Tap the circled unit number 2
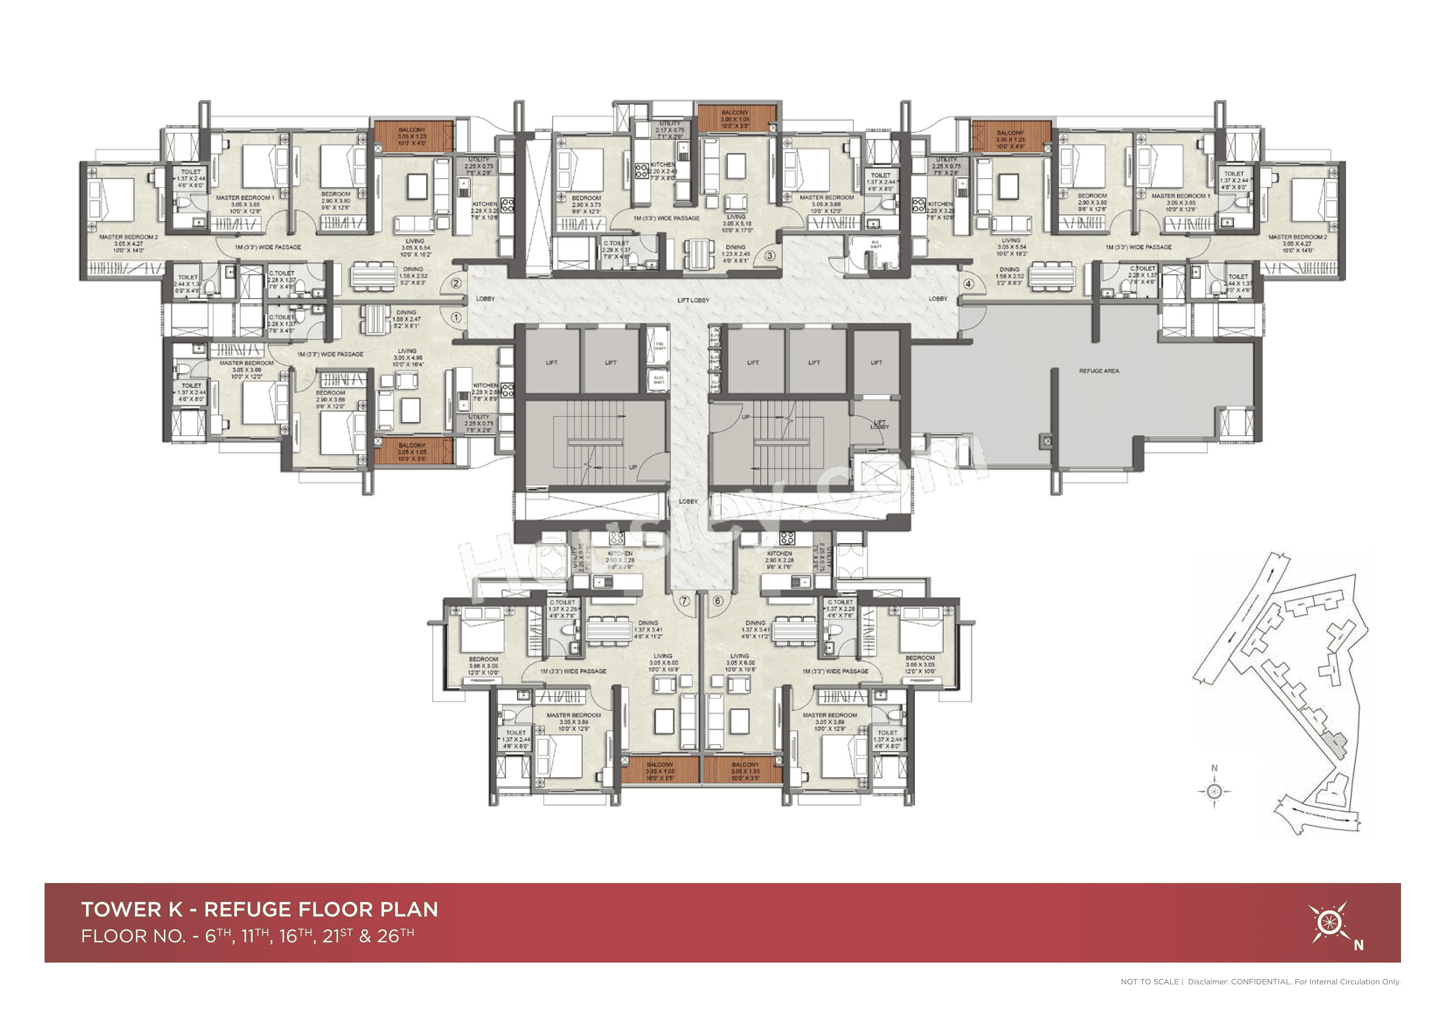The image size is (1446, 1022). [x=456, y=284]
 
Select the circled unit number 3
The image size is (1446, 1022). [x=770, y=256]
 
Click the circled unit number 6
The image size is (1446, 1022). [x=717, y=601]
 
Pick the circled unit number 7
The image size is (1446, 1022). [x=685, y=601]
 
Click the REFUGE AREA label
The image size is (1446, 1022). [x=1099, y=371]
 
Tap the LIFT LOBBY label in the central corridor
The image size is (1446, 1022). [x=693, y=300]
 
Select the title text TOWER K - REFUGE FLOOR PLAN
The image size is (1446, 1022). [x=260, y=909]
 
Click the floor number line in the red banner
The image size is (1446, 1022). [x=247, y=936]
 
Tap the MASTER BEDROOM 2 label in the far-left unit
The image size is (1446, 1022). [x=129, y=243]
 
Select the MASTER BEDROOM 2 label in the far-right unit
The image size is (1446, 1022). [x=1297, y=243]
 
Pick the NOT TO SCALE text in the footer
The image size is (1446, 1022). [x=1149, y=982]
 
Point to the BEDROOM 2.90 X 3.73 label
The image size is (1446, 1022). [x=586, y=204]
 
